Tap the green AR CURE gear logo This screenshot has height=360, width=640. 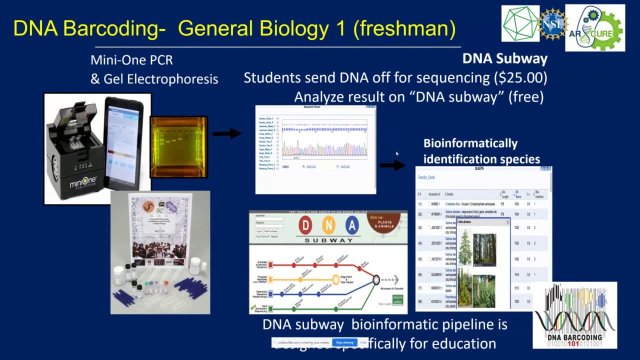[594, 28]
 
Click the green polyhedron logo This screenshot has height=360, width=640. [520, 23]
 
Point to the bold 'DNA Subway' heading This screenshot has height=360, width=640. [504, 59]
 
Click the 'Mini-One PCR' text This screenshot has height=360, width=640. [131, 60]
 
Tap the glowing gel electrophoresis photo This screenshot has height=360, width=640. [178, 146]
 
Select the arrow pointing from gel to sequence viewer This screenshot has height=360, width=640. [227, 133]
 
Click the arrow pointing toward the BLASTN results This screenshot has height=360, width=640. [392, 165]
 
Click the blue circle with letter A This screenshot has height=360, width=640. [352, 225]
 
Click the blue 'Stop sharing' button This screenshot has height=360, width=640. [344, 342]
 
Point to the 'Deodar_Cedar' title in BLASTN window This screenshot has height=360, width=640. [426, 177]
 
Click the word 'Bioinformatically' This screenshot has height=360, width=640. [470, 143]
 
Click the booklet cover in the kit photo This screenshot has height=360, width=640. [160, 228]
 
